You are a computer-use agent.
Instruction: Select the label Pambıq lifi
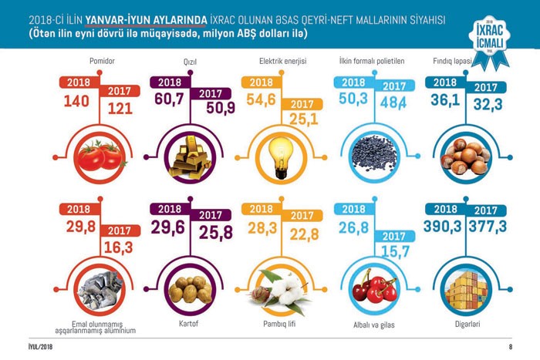click(x=275, y=325)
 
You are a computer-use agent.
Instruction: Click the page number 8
click(x=510, y=346)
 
